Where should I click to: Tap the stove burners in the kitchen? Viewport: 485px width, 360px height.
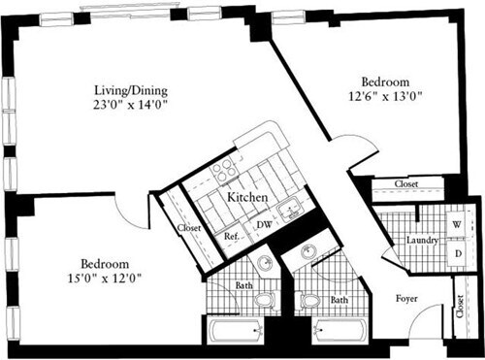click(x=223, y=170)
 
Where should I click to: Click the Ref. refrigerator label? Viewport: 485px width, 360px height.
click(x=232, y=236)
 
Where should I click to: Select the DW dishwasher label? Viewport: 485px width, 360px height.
click(x=262, y=225)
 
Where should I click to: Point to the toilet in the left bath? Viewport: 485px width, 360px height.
click(x=266, y=302)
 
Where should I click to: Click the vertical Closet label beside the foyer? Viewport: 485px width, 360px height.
click(x=459, y=309)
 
